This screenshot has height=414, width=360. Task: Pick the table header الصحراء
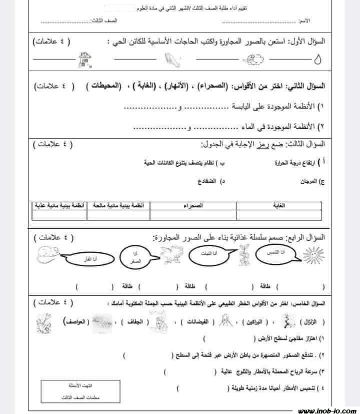coord(192,205)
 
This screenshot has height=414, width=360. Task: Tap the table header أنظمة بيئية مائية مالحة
coord(118,205)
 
